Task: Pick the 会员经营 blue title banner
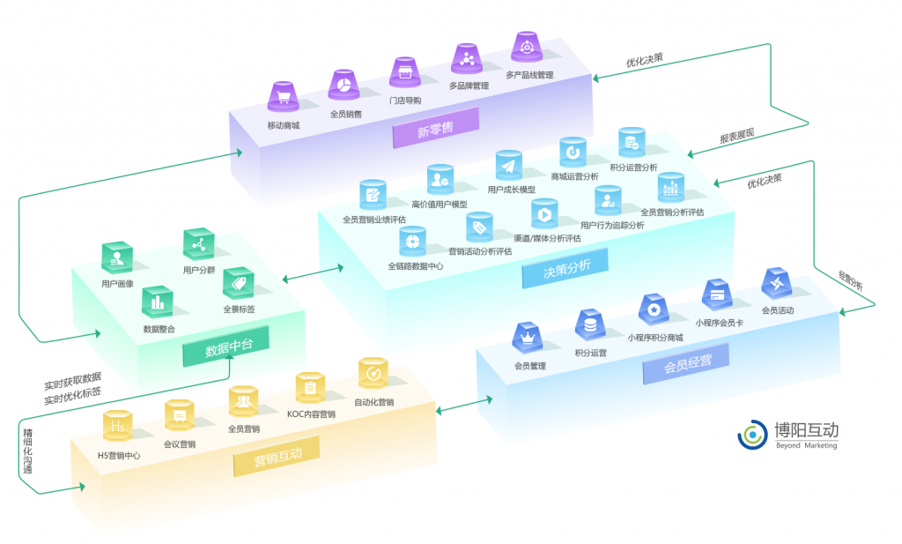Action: point(688,364)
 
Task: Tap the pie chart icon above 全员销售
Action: point(344,85)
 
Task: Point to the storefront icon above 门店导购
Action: point(405,71)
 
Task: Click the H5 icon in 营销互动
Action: point(118,426)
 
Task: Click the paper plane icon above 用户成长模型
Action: point(509,165)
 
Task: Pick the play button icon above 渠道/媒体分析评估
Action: point(545,212)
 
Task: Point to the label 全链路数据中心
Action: point(415,265)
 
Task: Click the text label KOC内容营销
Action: point(310,414)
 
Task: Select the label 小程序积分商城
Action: point(654,337)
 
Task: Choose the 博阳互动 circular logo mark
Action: point(752,434)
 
